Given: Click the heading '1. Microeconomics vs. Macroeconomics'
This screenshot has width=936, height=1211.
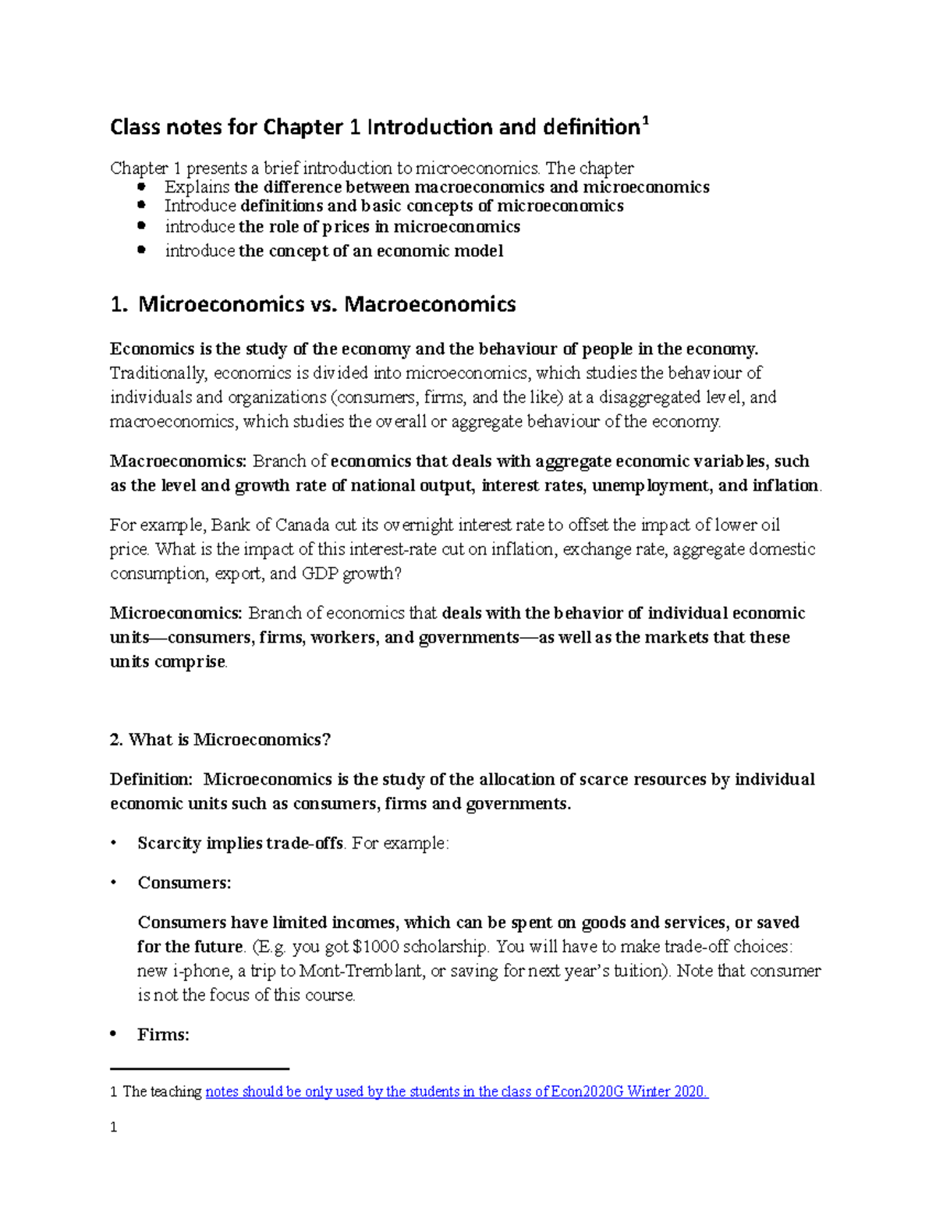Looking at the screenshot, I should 313,304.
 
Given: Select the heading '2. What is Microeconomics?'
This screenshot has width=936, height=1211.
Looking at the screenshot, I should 220,739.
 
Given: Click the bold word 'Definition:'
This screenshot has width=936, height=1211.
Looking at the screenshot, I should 151,779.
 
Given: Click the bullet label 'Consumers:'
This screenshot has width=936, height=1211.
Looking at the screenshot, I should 184,883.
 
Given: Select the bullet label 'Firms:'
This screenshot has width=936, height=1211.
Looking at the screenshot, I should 163,1035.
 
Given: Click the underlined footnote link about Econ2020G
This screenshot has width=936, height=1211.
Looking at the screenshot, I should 456,1092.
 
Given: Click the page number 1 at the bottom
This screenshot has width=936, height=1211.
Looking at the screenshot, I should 114,1127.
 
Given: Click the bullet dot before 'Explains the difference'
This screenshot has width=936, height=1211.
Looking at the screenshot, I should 141,187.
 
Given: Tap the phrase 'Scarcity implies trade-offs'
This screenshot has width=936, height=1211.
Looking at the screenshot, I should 240,843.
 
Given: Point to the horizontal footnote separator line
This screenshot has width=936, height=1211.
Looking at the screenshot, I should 200,1068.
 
